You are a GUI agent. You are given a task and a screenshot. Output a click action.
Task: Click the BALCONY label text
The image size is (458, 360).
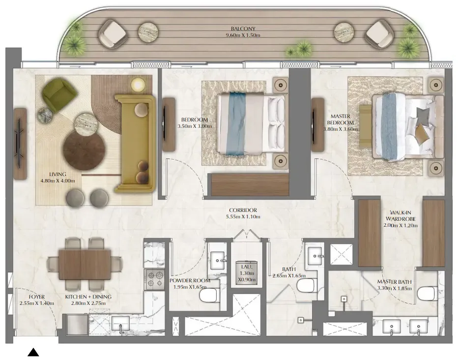[x=243, y=29]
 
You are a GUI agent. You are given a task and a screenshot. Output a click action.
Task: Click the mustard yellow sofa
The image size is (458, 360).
[x=135, y=143]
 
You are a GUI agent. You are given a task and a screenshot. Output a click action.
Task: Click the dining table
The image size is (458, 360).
[x=85, y=264]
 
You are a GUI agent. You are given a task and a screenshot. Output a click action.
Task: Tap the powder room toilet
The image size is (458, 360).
[x=210, y=295]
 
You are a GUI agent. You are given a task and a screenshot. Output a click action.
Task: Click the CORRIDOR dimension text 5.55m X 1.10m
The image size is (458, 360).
[x=243, y=216]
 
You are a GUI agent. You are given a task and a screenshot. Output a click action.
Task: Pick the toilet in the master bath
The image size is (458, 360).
[x=428, y=294]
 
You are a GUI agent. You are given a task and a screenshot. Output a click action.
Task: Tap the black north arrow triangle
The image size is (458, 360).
[x=33, y=352]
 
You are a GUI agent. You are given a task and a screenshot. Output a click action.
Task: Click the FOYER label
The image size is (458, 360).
[x=37, y=297]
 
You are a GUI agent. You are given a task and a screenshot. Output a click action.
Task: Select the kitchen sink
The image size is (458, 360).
[x=120, y=324]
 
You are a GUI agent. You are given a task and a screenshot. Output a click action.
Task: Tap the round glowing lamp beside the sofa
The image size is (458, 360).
[x=138, y=85]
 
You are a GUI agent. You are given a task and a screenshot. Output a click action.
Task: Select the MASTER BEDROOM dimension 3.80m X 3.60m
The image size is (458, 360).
[x=341, y=129]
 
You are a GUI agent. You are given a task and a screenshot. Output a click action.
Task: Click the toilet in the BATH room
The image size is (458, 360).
[x=307, y=285]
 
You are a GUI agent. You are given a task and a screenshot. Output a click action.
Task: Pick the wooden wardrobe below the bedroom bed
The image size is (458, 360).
[x=250, y=184]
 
